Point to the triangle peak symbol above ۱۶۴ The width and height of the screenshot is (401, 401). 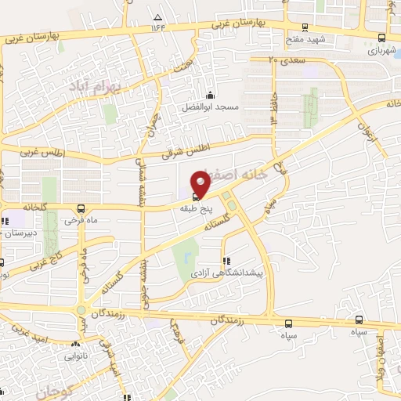[159, 17]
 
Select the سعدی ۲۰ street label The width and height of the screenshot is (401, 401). [283, 59]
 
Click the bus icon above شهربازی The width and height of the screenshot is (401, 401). [381, 37]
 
